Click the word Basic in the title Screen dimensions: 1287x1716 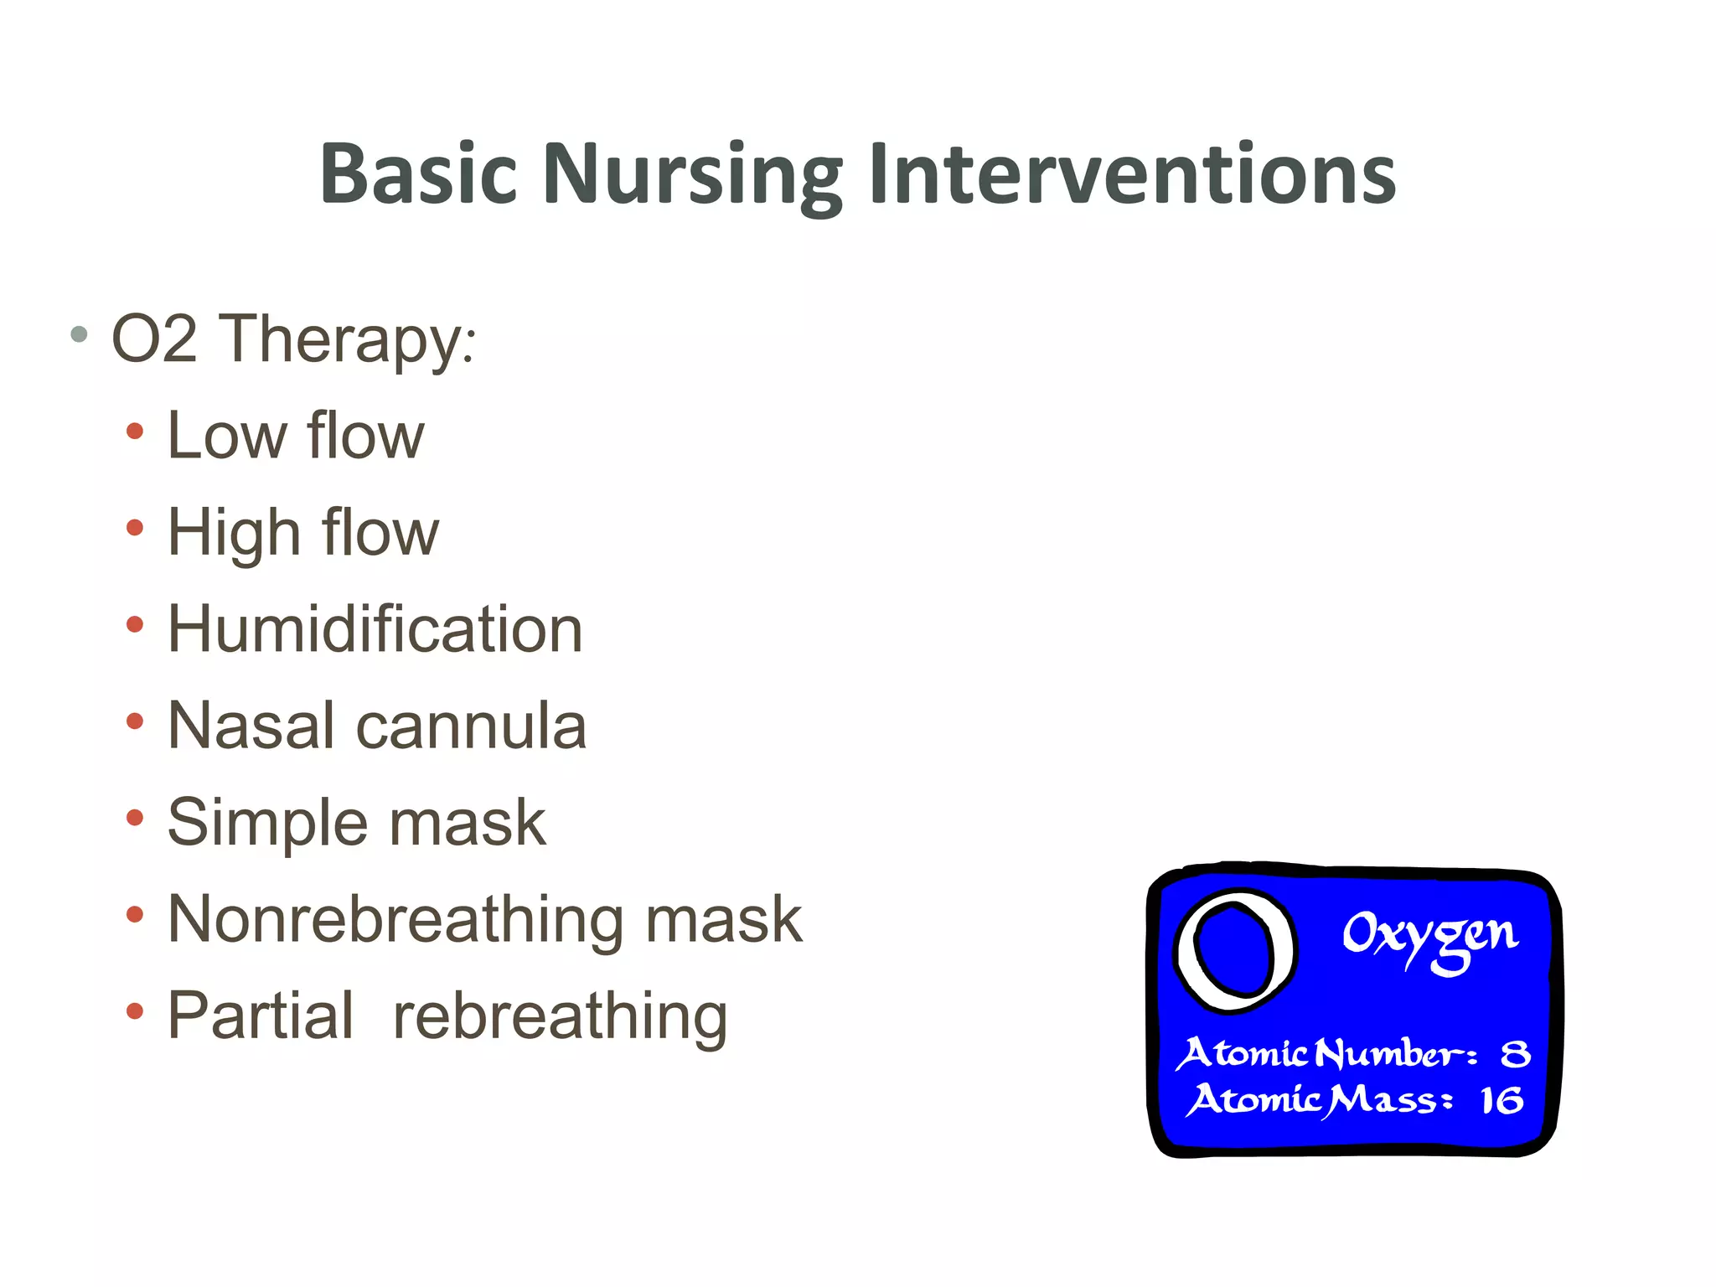point(418,174)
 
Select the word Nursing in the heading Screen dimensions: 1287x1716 point(692,174)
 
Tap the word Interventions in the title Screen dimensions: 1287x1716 point(1132,174)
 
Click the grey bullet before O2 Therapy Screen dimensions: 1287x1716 point(80,335)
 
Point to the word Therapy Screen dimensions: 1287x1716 point(348,339)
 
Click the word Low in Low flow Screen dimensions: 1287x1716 point(227,436)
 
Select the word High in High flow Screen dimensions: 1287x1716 point(234,533)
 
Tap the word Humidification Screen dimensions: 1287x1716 point(375,629)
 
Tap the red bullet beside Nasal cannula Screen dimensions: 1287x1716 point(135,721)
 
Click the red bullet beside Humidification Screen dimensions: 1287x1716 point(135,625)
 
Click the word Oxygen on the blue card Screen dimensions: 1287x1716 point(1429,935)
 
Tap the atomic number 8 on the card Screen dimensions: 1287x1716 point(1515,1053)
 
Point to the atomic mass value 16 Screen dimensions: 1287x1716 point(1501,1100)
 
